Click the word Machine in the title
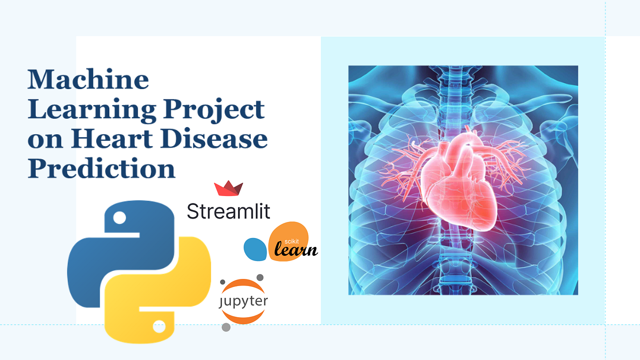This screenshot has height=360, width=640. [88, 80]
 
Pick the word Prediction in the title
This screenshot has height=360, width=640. [101, 168]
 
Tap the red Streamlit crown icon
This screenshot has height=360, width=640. [229, 188]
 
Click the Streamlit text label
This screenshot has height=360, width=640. [229, 211]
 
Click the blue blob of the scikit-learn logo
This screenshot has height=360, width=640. [255, 249]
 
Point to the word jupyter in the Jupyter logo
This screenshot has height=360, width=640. [243, 302]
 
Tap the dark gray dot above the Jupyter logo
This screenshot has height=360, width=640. [260, 278]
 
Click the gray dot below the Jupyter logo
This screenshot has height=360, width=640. [226, 327]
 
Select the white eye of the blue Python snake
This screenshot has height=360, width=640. [120, 218]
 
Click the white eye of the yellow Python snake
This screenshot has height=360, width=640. [159, 326]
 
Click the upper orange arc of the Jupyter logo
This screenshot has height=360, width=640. [243, 285]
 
